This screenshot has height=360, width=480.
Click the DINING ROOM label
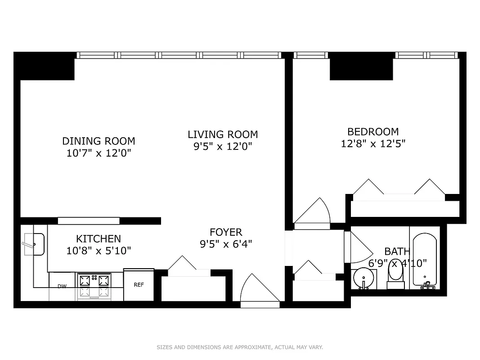99,141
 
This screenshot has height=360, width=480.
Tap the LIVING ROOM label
223,135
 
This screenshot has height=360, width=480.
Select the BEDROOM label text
373,132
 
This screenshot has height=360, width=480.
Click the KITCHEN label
98,239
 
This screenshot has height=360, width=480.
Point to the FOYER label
226,232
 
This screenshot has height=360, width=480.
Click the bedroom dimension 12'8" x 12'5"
373,144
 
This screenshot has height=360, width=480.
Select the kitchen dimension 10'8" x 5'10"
99,251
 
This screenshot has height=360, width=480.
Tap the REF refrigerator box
139,285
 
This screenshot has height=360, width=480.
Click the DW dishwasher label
62,286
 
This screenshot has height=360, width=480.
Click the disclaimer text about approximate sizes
240,347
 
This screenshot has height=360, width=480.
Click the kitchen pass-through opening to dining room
89,220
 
